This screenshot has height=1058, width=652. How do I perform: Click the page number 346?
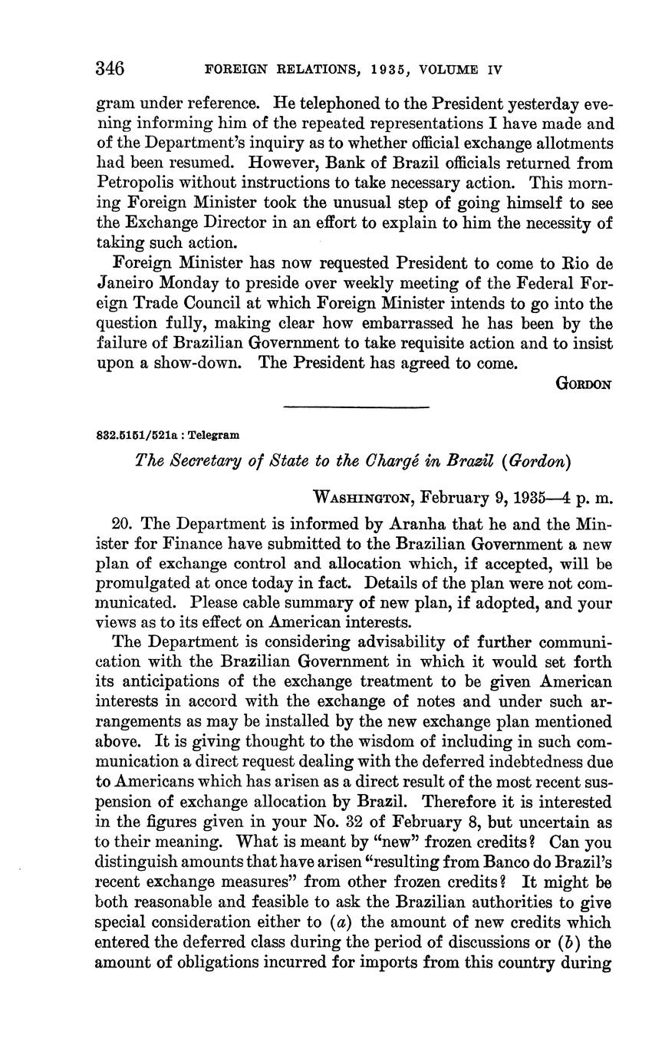click(110, 68)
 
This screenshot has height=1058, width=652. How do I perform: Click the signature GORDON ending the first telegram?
click(583, 384)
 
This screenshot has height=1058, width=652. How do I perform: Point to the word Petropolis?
click(134, 183)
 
